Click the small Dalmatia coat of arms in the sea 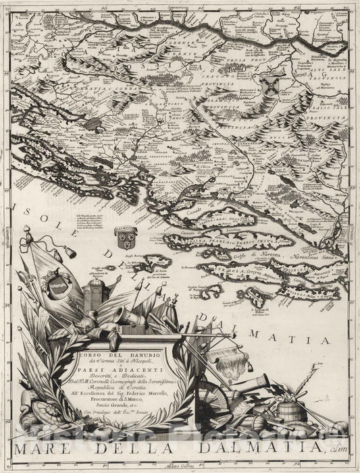(124, 236)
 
